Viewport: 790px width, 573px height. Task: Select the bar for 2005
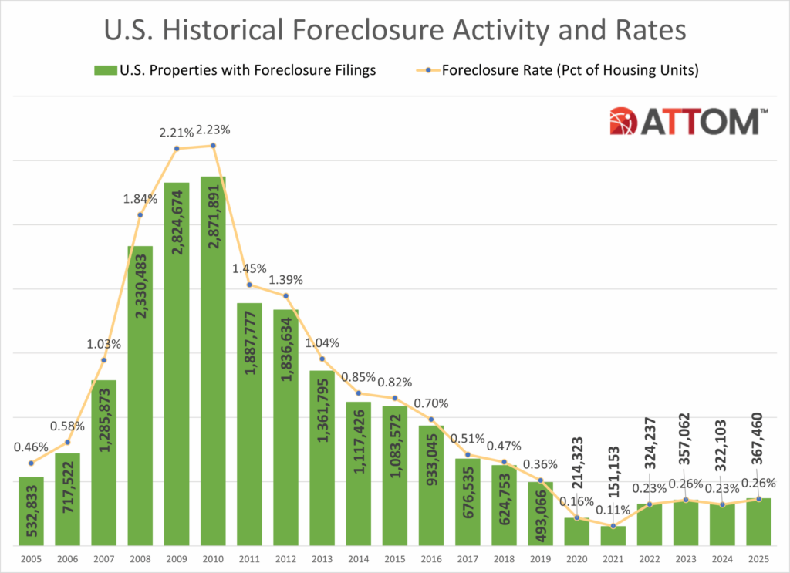tap(32, 511)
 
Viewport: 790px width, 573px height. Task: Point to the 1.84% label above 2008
tap(140, 199)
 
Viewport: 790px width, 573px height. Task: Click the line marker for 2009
tap(177, 148)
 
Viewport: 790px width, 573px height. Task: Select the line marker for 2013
tap(322, 359)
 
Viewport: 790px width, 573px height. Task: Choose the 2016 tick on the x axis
tap(431, 557)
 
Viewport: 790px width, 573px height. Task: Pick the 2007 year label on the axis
tap(104, 557)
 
